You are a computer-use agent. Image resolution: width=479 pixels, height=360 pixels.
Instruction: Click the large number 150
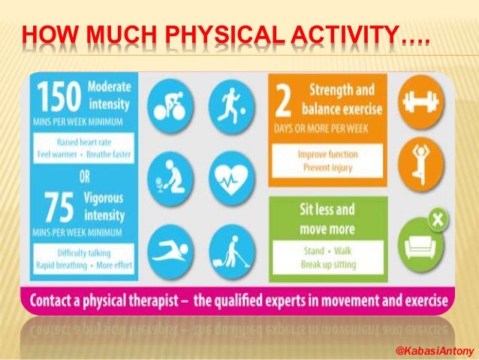point(59,97)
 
